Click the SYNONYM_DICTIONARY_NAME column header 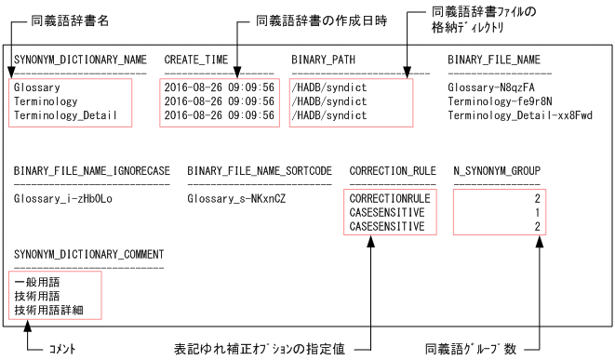tap(80, 60)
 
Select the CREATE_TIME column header tap(196, 60)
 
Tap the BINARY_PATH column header tap(322, 60)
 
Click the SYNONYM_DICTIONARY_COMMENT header tap(88, 254)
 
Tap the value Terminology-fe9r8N tap(500, 101)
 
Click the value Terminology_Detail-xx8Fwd tap(519, 116)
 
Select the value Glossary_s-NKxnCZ tap(235, 198)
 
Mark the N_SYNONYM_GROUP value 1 tap(537, 212)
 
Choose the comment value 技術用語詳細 tap(48, 308)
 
